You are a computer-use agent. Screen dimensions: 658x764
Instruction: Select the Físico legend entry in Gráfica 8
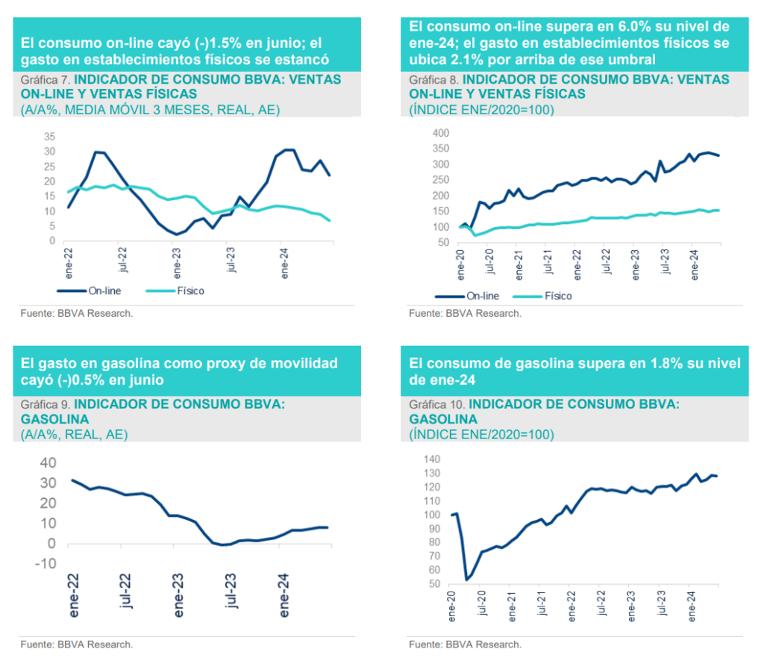[558, 296]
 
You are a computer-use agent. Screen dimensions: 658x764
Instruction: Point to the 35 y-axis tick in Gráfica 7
[50, 137]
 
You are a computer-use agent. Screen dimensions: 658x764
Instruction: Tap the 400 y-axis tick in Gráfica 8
[442, 133]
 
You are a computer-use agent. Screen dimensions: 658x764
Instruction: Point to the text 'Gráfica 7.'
[46, 78]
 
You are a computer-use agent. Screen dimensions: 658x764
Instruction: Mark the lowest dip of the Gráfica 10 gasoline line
[466, 579]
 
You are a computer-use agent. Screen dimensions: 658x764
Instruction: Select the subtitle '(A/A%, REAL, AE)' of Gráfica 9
[74, 434]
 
